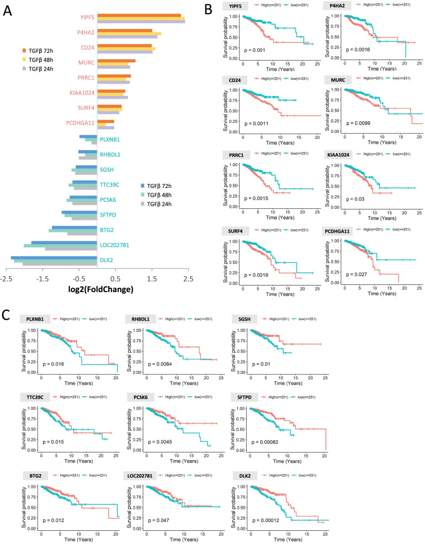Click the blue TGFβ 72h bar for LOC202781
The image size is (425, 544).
64,242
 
